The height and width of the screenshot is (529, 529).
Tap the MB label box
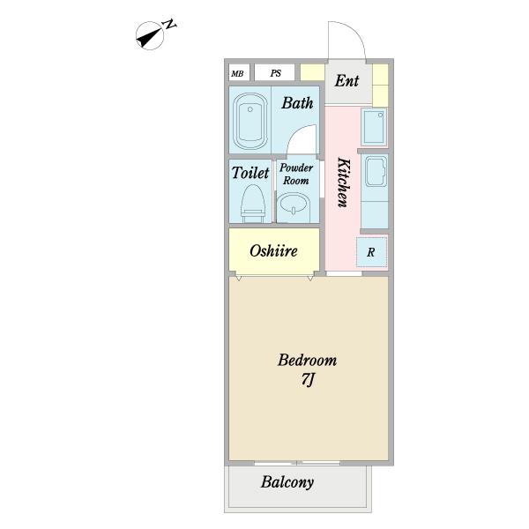(x=239, y=73)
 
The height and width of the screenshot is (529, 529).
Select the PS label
(x=276, y=73)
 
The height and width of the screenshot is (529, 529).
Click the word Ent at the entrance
(x=346, y=81)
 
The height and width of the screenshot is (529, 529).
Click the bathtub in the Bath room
(x=250, y=121)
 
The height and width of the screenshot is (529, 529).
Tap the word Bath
(x=297, y=103)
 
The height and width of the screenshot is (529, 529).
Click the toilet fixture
(x=252, y=203)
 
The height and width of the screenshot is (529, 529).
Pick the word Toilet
(x=250, y=173)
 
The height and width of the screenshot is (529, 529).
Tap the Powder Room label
(x=296, y=174)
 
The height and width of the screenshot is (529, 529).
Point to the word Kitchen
(x=344, y=183)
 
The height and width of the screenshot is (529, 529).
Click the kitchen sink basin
(x=376, y=171)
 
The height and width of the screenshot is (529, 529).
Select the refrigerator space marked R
(x=372, y=252)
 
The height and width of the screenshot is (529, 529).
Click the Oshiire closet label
(x=273, y=250)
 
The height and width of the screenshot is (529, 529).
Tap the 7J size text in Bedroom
(x=308, y=380)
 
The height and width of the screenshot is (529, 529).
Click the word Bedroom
(x=308, y=361)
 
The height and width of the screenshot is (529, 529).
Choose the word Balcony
(x=287, y=482)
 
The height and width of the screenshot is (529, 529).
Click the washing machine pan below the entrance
(x=374, y=127)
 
